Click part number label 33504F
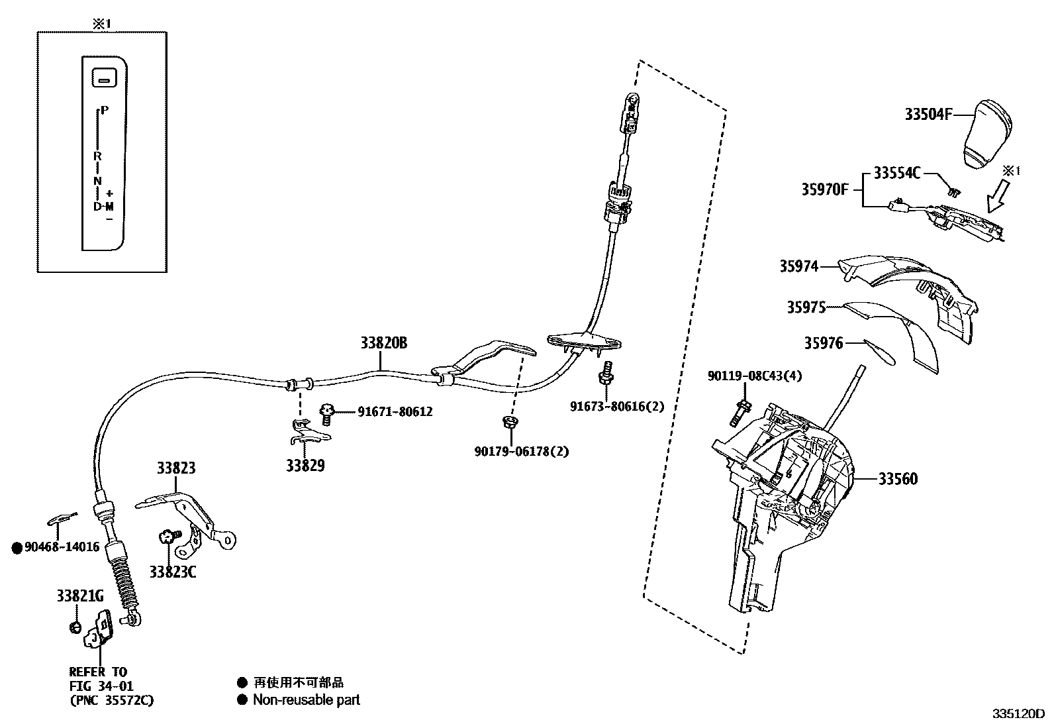[x=928, y=115]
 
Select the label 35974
[x=798, y=266]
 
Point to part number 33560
[x=898, y=479]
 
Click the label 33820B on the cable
[x=383, y=343]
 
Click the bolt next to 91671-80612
[x=326, y=413]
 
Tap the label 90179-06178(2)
[x=521, y=452]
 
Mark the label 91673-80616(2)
[x=616, y=407]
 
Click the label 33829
[x=305, y=466]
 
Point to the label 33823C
[x=172, y=572]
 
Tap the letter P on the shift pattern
[x=105, y=111]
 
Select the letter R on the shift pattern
[x=97, y=156]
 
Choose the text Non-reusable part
[x=306, y=700]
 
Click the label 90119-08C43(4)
[x=755, y=376]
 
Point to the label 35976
[x=824, y=343]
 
